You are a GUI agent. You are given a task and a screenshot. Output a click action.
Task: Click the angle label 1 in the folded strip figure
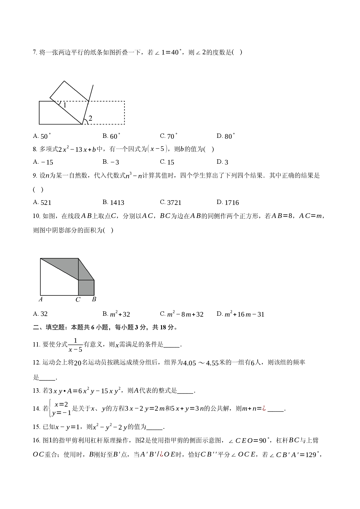pos(65,105)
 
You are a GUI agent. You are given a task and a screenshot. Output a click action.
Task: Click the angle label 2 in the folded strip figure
pos(90,118)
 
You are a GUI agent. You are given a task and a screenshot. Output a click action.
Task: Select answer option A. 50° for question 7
pos(42,136)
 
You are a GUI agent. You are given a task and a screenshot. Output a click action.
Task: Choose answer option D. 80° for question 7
pos(226,136)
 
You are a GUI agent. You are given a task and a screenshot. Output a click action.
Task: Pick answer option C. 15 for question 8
pos(167,162)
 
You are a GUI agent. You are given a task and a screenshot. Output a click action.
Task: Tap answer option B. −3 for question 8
pos(111,162)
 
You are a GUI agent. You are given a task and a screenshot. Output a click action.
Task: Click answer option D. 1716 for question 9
pos(228,202)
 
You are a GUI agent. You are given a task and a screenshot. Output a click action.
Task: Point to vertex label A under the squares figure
pos(41,299)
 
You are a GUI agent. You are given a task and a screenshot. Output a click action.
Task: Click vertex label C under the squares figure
pos(78,299)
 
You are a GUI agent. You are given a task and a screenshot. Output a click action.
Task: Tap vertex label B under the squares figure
pos(94,299)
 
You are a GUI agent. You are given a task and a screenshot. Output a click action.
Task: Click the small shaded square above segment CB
pos(86,288)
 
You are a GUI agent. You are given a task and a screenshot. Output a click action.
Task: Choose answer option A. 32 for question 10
pos(40,314)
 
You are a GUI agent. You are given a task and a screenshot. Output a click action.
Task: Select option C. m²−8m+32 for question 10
pos(182,314)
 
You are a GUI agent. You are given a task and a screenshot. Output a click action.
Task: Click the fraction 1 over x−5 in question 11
pos(75,345)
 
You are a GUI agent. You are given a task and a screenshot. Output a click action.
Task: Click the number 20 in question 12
pos(78,363)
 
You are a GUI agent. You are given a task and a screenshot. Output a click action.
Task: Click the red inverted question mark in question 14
pos(264,409)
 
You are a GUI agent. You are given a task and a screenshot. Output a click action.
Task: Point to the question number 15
pos(36,427)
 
